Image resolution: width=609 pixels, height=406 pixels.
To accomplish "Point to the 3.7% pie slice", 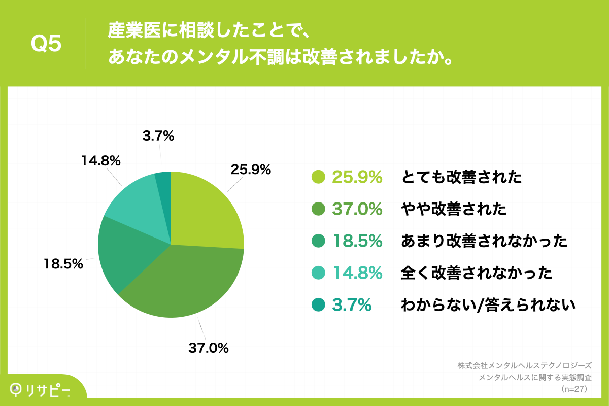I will (164, 183).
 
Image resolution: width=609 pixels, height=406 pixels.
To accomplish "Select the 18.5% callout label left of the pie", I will (63, 263).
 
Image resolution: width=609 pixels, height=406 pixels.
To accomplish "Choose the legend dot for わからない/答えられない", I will (318, 305).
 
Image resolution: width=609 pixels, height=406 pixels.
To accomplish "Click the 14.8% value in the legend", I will (357, 273).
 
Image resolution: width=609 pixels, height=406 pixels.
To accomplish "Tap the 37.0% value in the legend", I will (357, 209).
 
